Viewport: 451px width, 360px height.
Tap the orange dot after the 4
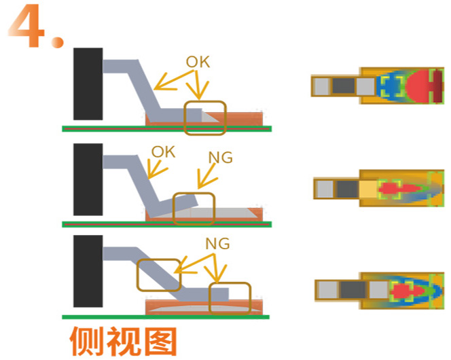click(58, 41)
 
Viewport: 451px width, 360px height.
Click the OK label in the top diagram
click(198, 62)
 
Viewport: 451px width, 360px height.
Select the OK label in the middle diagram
click(163, 152)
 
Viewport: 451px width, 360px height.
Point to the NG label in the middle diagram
click(220, 158)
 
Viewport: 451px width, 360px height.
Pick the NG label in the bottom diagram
click(217, 244)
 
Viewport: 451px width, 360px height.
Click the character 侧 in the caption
click(86, 341)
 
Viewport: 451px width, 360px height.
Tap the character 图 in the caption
click(160, 341)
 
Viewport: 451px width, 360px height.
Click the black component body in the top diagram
click(88, 84)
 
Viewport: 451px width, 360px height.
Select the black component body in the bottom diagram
click(88, 271)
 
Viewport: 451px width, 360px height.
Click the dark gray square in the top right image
click(344, 86)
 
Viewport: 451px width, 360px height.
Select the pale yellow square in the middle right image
click(368, 189)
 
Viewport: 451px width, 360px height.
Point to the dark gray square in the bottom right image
click(353, 290)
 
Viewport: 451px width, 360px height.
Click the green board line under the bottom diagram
click(166, 317)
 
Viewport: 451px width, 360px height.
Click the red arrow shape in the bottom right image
click(407, 291)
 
